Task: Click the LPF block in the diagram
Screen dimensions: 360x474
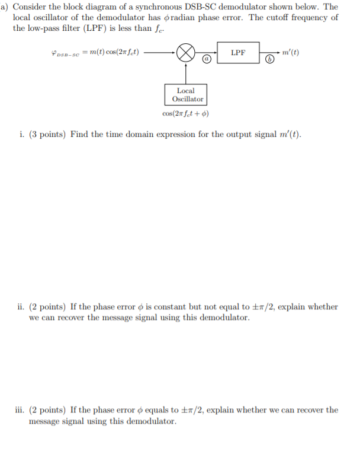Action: click(238, 53)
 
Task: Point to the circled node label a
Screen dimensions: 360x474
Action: click(206, 59)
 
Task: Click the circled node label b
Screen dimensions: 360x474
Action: click(270, 59)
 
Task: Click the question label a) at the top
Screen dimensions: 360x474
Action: click(5, 7)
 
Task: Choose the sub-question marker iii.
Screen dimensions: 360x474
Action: click(20, 410)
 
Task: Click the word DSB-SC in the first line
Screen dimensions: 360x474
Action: click(236, 7)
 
